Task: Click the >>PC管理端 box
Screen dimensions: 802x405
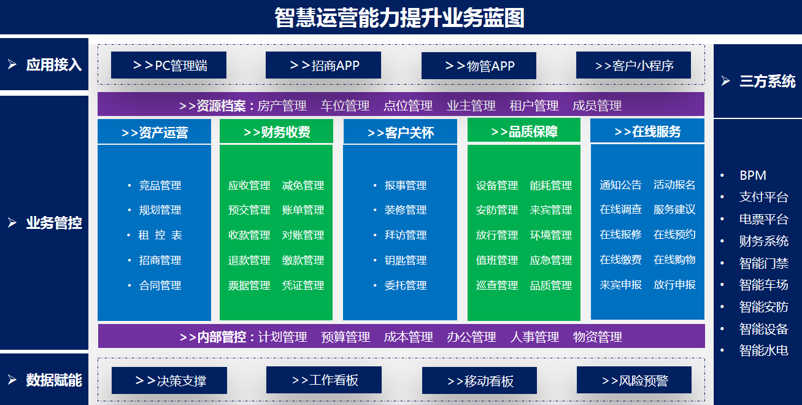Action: pyautogui.click(x=169, y=65)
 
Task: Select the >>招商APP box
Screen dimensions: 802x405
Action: pyautogui.click(x=323, y=65)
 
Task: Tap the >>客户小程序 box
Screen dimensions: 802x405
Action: pyautogui.click(x=633, y=65)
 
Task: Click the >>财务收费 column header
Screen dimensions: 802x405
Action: pyautogui.click(x=276, y=131)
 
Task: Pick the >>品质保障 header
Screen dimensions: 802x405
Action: pyautogui.click(x=524, y=131)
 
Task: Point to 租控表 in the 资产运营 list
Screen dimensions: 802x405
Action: pyautogui.click(x=160, y=235)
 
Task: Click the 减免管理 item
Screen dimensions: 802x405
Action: pyautogui.click(x=303, y=185)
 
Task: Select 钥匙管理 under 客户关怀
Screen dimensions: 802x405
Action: pyautogui.click(x=406, y=260)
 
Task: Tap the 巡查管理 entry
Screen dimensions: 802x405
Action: pyautogui.click(x=497, y=285)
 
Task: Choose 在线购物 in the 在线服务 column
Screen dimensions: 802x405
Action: pyautogui.click(x=674, y=259)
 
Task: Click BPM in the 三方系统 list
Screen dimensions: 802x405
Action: pyautogui.click(x=753, y=175)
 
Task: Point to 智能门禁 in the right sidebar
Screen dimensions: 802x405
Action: pyautogui.click(x=764, y=263)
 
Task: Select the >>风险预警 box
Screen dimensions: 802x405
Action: pyautogui.click(x=634, y=380)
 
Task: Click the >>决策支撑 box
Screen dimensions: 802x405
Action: pyautogui.click(x=169, y=380)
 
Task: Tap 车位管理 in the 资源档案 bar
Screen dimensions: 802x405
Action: pyautogui.click(x=345, y=106)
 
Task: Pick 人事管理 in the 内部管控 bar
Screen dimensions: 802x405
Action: pyautogui.click(x=534, y=337)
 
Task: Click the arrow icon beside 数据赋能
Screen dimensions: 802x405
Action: pyautogui.click(x=12, y=380)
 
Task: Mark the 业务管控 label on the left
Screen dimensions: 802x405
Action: pyautogui.click(x=54, y=223)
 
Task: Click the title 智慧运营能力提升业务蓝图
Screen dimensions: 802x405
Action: pyautogui.click(x=399, y=18)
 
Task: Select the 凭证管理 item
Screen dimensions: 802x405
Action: pyautogui.click(x=303, y=285)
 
